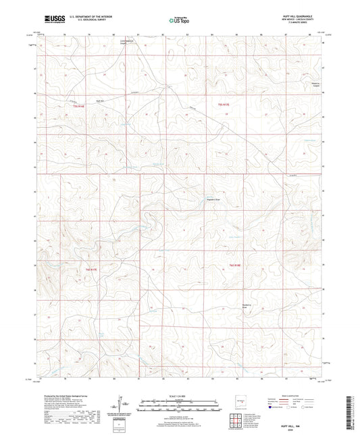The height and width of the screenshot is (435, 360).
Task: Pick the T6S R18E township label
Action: point(234,264)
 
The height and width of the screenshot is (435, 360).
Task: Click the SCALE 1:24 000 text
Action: point(179,396)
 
